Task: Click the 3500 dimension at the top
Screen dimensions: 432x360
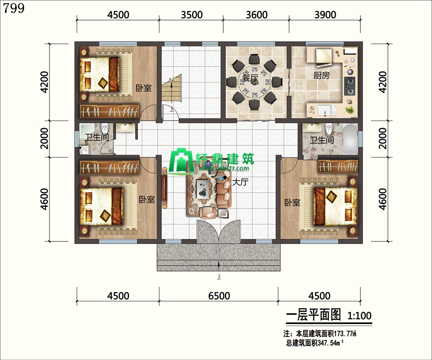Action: pyautogui.click(x=192, y=15)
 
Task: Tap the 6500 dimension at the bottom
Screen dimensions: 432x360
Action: pyautogui.click(x=219, y=296)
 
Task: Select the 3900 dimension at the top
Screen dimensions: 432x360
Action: pyautogui.click(x=325, y=15)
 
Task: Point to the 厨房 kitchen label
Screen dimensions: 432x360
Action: pyautogui.click(x=322, y=75)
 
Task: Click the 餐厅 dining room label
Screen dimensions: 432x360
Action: pyautogui.click(x=250, y=78)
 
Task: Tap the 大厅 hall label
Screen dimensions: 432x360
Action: pyautogui.click(x=240, y=182)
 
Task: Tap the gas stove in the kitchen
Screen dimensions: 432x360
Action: pyautogui.click(x=349, y=86)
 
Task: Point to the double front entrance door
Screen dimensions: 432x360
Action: pyautogui.click(x=219, y=231)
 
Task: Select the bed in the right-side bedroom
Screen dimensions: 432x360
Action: pyautogui.click(x=335, y=206)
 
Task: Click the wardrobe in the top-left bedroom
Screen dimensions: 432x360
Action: pyautogui.click(x=109, y=111)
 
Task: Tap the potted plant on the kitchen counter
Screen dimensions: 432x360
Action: pyautogui.click(x=350, y=110)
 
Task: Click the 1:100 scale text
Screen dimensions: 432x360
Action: pyautogui.click(x=360, y=315)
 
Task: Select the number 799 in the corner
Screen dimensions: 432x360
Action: pyautogui.click(x=13, y=8)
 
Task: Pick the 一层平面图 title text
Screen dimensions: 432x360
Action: pyautogui.click(x=313, y=315)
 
